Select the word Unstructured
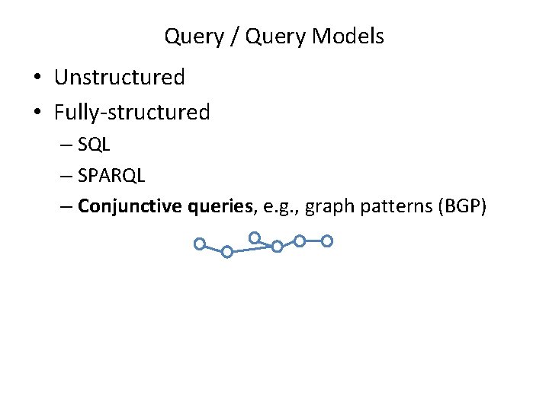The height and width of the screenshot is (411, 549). [x=120, y=78]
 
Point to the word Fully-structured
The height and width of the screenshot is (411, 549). [x=132, y=113]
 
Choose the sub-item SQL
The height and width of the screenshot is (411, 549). [x=94, y=145]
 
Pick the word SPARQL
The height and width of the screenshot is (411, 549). [x=111, y=175]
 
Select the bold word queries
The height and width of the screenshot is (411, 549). [x=221, y=206]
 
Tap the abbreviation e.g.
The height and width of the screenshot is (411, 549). [x=279, y=206]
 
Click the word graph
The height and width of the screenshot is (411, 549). [x=326, y=206]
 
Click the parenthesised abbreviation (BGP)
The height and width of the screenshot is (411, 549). [x=461, y=206]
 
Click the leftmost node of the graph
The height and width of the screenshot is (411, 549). [x=199, y=244]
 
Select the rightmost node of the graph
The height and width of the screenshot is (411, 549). [x=327, y=241]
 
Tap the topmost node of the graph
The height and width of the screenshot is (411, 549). [x=255, y=237]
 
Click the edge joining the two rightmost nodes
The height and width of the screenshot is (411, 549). [x=313, y=241]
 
